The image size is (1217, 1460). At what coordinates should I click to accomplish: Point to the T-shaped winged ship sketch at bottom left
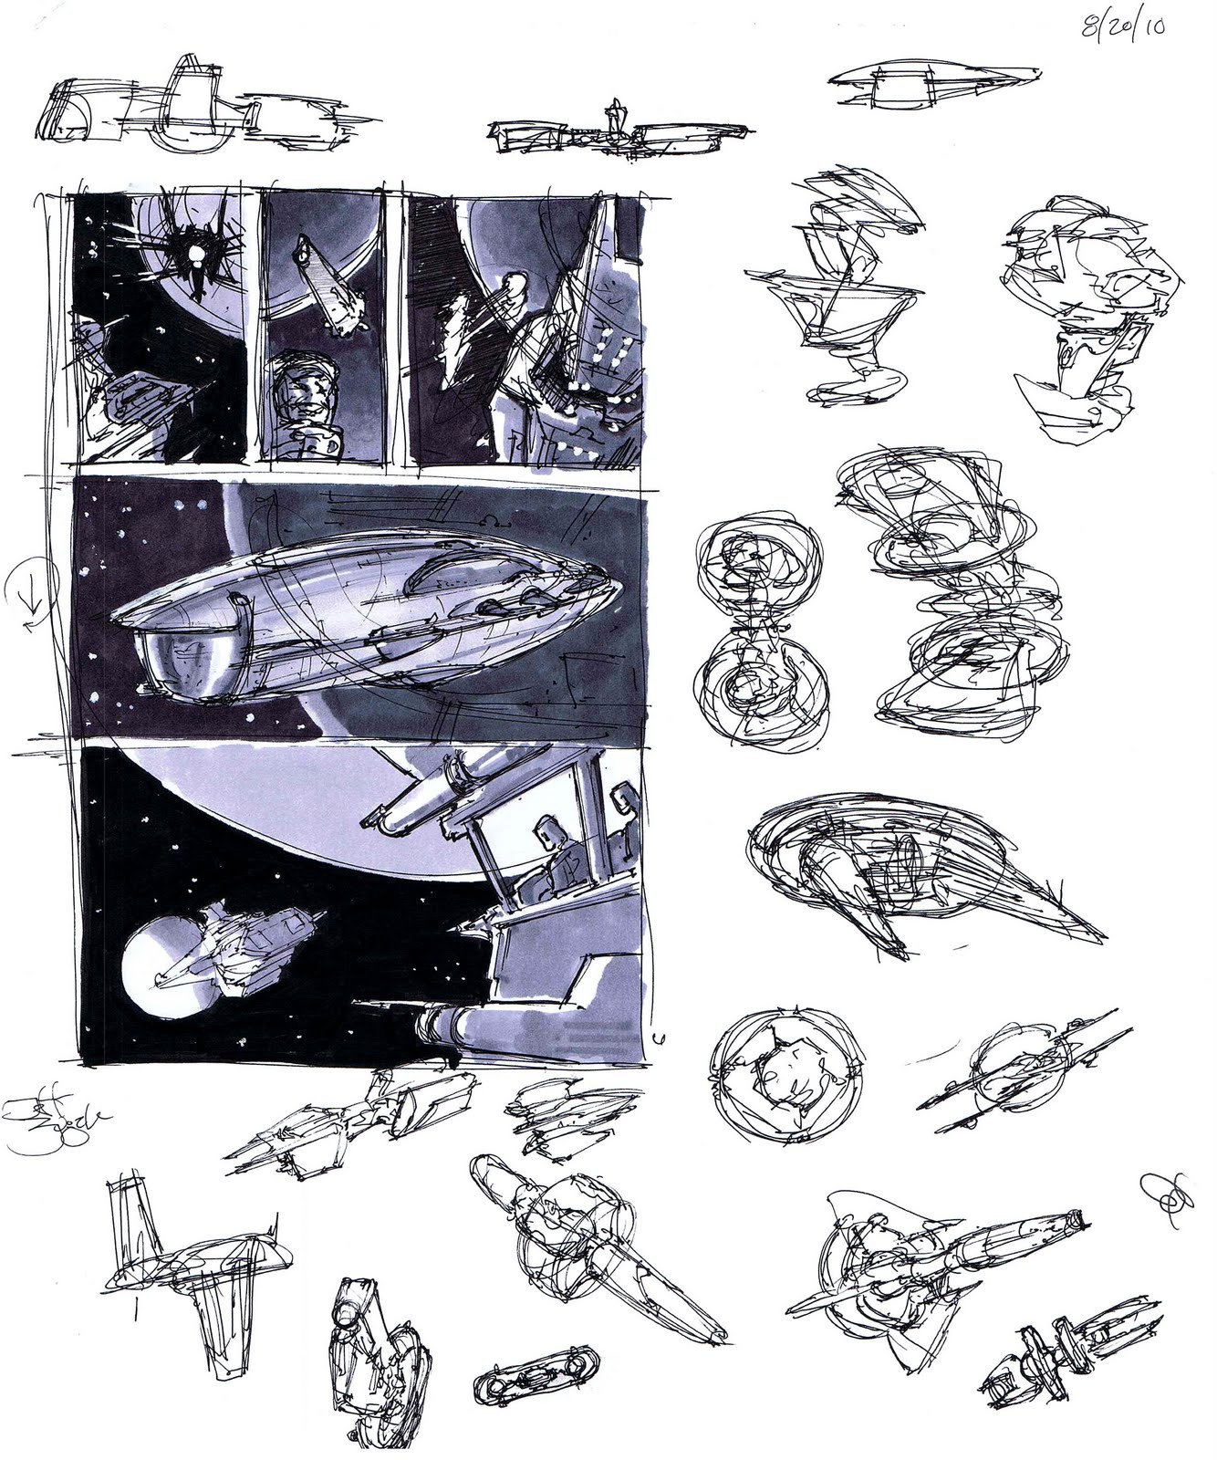click(192, 1268)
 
